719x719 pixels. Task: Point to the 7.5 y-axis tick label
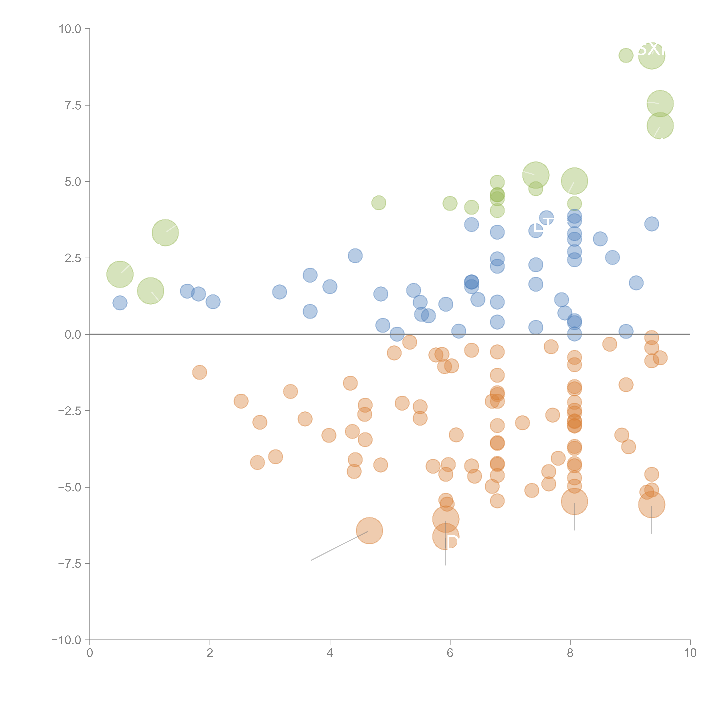[x=73, y=105]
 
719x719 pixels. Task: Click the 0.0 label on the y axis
[x=73, y=335]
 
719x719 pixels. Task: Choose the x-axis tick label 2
[x=210, y=653]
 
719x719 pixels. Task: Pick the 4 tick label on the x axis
[x=330, y=653]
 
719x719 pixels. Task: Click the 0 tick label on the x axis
[x=90, y=653]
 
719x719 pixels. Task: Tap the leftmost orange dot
[x=199, y=372]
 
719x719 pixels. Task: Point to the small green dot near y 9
[x=626, y=56]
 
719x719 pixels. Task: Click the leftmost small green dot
[x=378, y=203]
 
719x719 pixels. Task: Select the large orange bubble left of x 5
[x=369, y=531]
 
